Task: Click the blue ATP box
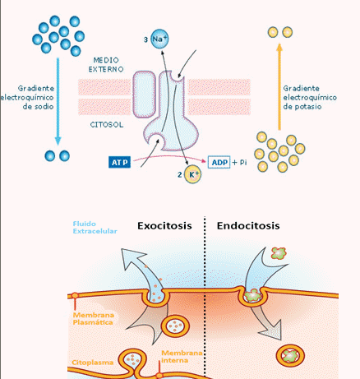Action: click(x=119, y=162)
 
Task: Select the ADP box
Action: click(x=219, y=162)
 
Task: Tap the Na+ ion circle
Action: click(x=159, y=39)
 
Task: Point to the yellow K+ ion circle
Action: click(x=192, y=174)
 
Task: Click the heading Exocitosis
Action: click(x=164, y=226)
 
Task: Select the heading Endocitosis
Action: click(x=248, y=226)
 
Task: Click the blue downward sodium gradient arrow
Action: click(x=58, y=101)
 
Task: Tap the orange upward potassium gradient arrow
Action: click(x=279, y=86)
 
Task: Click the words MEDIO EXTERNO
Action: click(x=106, y=65)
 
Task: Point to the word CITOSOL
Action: click(x=107, y=125)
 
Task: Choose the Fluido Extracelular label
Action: click(x=95, y=228)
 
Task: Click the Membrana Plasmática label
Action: click(x=93, y=319)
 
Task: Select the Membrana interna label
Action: click(x=182, y=357)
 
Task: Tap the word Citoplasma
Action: click(x=93, y=363)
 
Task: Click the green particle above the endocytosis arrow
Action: click(x=279, y=253)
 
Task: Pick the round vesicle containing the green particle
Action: click(x=290, y=356)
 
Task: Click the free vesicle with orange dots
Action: click(x=175, y=326)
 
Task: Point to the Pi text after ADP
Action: click(x=243, y=162)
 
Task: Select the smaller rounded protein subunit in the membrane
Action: click(x=145, y=95)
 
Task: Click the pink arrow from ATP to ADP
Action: click(x=170, y=157)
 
